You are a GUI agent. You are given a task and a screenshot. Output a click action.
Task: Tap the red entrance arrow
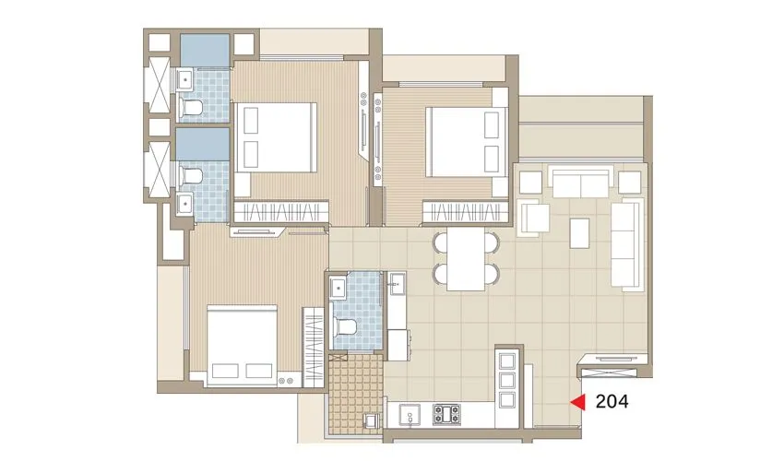coord(578,401)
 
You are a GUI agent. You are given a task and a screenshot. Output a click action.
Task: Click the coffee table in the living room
coord(581,232)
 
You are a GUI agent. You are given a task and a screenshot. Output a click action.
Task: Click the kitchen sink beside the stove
coord(409,416)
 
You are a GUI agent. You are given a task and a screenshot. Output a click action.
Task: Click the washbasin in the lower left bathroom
coord(184,203)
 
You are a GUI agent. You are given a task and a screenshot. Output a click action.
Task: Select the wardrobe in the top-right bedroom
coord(466,212)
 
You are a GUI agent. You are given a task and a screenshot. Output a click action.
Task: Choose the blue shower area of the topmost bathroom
coord(204,51)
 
